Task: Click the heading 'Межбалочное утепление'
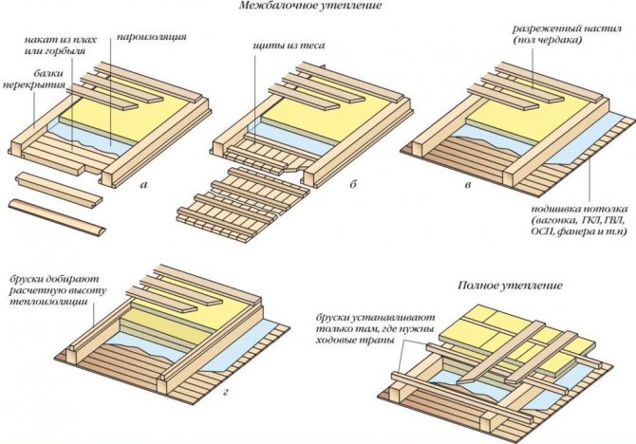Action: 304,9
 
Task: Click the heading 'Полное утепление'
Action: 509,285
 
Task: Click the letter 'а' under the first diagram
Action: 142,184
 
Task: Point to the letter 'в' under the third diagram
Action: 467,184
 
